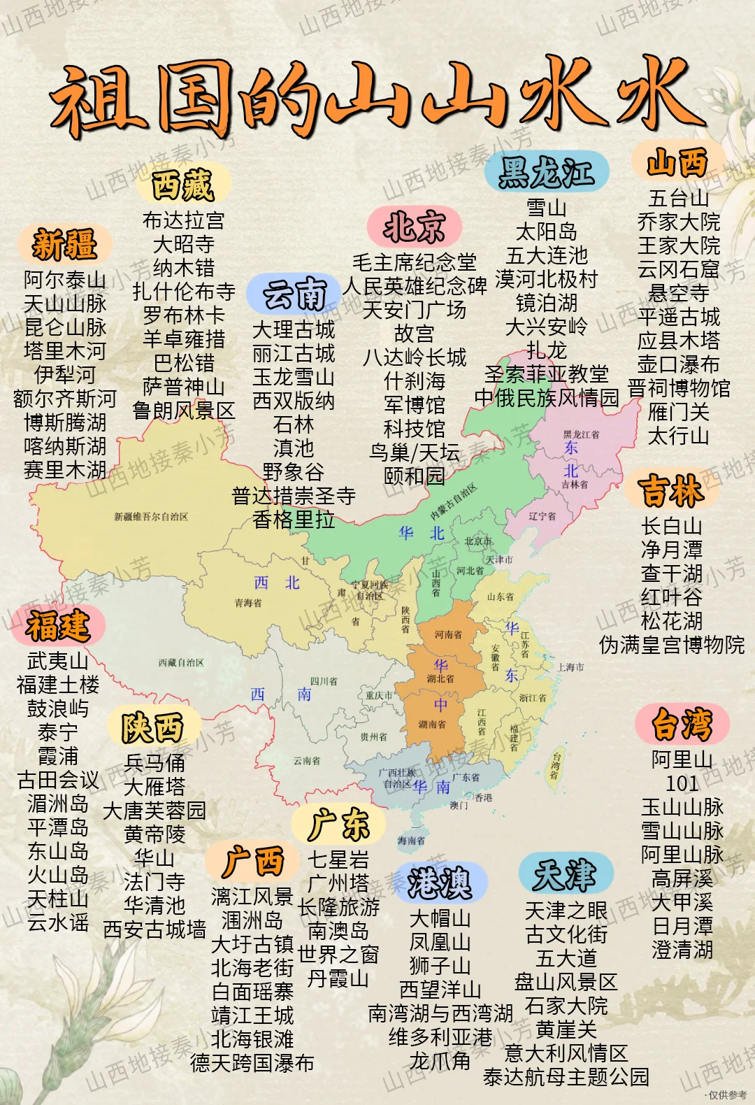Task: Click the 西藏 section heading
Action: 182,185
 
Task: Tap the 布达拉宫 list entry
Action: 183,220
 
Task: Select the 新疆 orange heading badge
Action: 64,244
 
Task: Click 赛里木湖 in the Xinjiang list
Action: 64,470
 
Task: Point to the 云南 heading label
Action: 294,293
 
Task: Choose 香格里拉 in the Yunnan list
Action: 294,520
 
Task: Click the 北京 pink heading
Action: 414,226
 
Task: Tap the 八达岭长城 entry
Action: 414,357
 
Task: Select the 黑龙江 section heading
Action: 546,172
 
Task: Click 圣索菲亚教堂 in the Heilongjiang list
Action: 546,374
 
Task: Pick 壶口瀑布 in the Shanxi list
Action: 678,364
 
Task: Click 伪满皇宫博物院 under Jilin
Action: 671,645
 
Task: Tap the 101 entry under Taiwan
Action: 682,783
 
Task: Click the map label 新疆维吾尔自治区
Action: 151,517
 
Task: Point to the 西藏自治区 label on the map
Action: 181,662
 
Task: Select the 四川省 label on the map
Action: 324,681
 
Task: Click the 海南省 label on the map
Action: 411,841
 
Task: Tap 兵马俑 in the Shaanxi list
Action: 154,763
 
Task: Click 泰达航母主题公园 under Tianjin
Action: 566,1077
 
